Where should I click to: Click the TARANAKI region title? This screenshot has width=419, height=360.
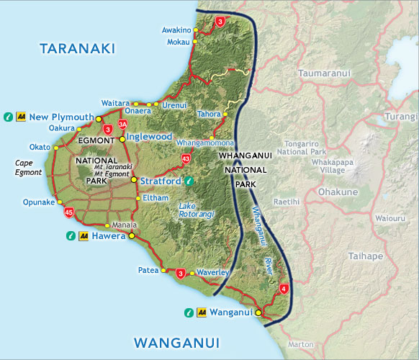(78, 49)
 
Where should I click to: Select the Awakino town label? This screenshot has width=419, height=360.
(176, 30)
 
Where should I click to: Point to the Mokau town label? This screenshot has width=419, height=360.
(178, 42)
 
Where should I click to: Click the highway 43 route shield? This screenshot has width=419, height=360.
(186, 158)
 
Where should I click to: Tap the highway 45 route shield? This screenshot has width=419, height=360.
(69, 212)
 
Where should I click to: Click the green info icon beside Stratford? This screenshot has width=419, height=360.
(189, 181)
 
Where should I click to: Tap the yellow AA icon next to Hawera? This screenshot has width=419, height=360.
(84, 235)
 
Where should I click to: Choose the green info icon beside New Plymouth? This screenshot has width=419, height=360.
(7, 116)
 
